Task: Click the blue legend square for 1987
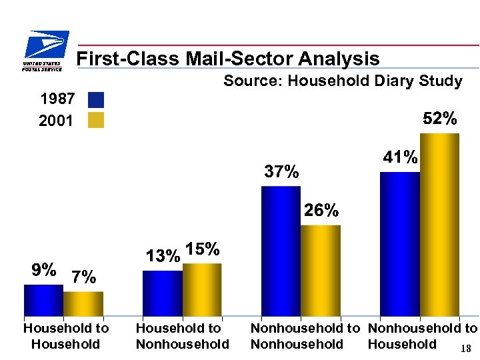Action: [x=96, y=100]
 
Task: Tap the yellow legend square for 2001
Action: [x=96, y=120]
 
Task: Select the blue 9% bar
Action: [x=43, y=299]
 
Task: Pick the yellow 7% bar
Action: [x=83, y=303]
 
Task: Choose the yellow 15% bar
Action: [x=202, y=289]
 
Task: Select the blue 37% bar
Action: [x=281, y=250]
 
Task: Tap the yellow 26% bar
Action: [x=321, y=269]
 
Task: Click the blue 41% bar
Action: [x=400, y=243]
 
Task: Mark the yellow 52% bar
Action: [x=439, y=223]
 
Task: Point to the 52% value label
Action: [x=440, y=119]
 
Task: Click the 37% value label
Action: [x=281, y=172]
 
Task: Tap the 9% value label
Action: [x=43, y=270]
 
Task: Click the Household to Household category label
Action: [x=65, y=336]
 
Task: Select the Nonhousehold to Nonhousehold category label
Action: [x=304, y=336]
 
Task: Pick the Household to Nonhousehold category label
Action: [x=182, y=336]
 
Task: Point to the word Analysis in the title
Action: [x=339, y=59]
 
